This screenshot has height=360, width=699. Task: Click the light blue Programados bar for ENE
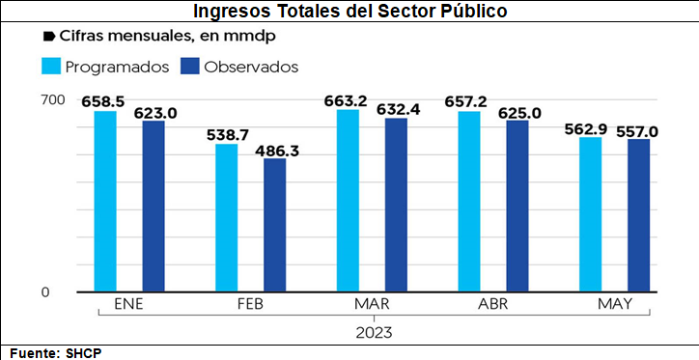click(105, 202)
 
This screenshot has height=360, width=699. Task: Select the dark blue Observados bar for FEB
click(274, 225)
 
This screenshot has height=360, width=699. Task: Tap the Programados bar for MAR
click(348, 201)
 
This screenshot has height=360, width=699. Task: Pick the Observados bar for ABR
click(517, 207)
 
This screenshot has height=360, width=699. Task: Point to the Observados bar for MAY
click(638, 215)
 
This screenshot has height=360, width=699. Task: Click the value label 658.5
click(102, 101)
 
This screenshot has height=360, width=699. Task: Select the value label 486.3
click(276, 151)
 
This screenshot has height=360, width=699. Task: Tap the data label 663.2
click(346, 101)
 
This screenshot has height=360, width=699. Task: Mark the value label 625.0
click(519, 113)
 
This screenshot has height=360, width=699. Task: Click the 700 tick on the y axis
click(53, 100)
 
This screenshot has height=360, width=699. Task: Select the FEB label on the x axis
click(250, 304)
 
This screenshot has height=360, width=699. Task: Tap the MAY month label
click(615, 304)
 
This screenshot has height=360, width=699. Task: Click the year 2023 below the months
click(374, 332)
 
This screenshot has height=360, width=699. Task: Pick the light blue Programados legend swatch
click(51, 67)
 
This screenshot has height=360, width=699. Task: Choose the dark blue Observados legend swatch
click(189, 67)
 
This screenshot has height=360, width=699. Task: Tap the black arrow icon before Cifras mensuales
click(48, 37)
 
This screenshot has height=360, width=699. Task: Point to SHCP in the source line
click(84, 354)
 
